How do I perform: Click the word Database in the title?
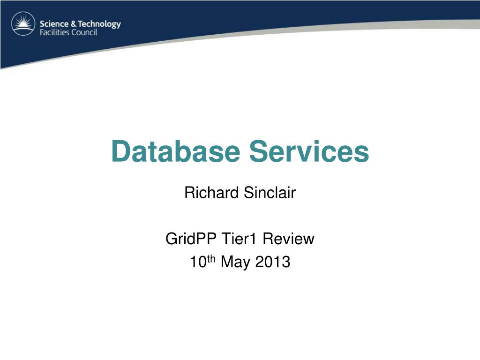coord(176,151)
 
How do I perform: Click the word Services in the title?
coord(309,151)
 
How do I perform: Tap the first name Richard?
coord(211,193)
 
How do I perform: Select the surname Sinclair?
coord(270,193)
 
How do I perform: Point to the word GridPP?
coord(191,239)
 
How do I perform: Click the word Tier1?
coord(239,239)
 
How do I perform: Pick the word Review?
coord(288,239)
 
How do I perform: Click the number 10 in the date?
coord(198,262)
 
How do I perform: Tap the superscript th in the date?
coord(211,259)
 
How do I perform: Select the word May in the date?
coord(235,262)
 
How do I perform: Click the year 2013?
coord(272,262)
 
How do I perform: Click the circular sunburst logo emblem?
coord(23,23)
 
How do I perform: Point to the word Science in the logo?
coord(54,24)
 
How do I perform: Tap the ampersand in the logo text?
coord(73,24)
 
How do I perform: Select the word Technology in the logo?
coord(99,24)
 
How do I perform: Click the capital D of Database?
coord(120,151)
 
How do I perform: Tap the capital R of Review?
coord(268,239)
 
